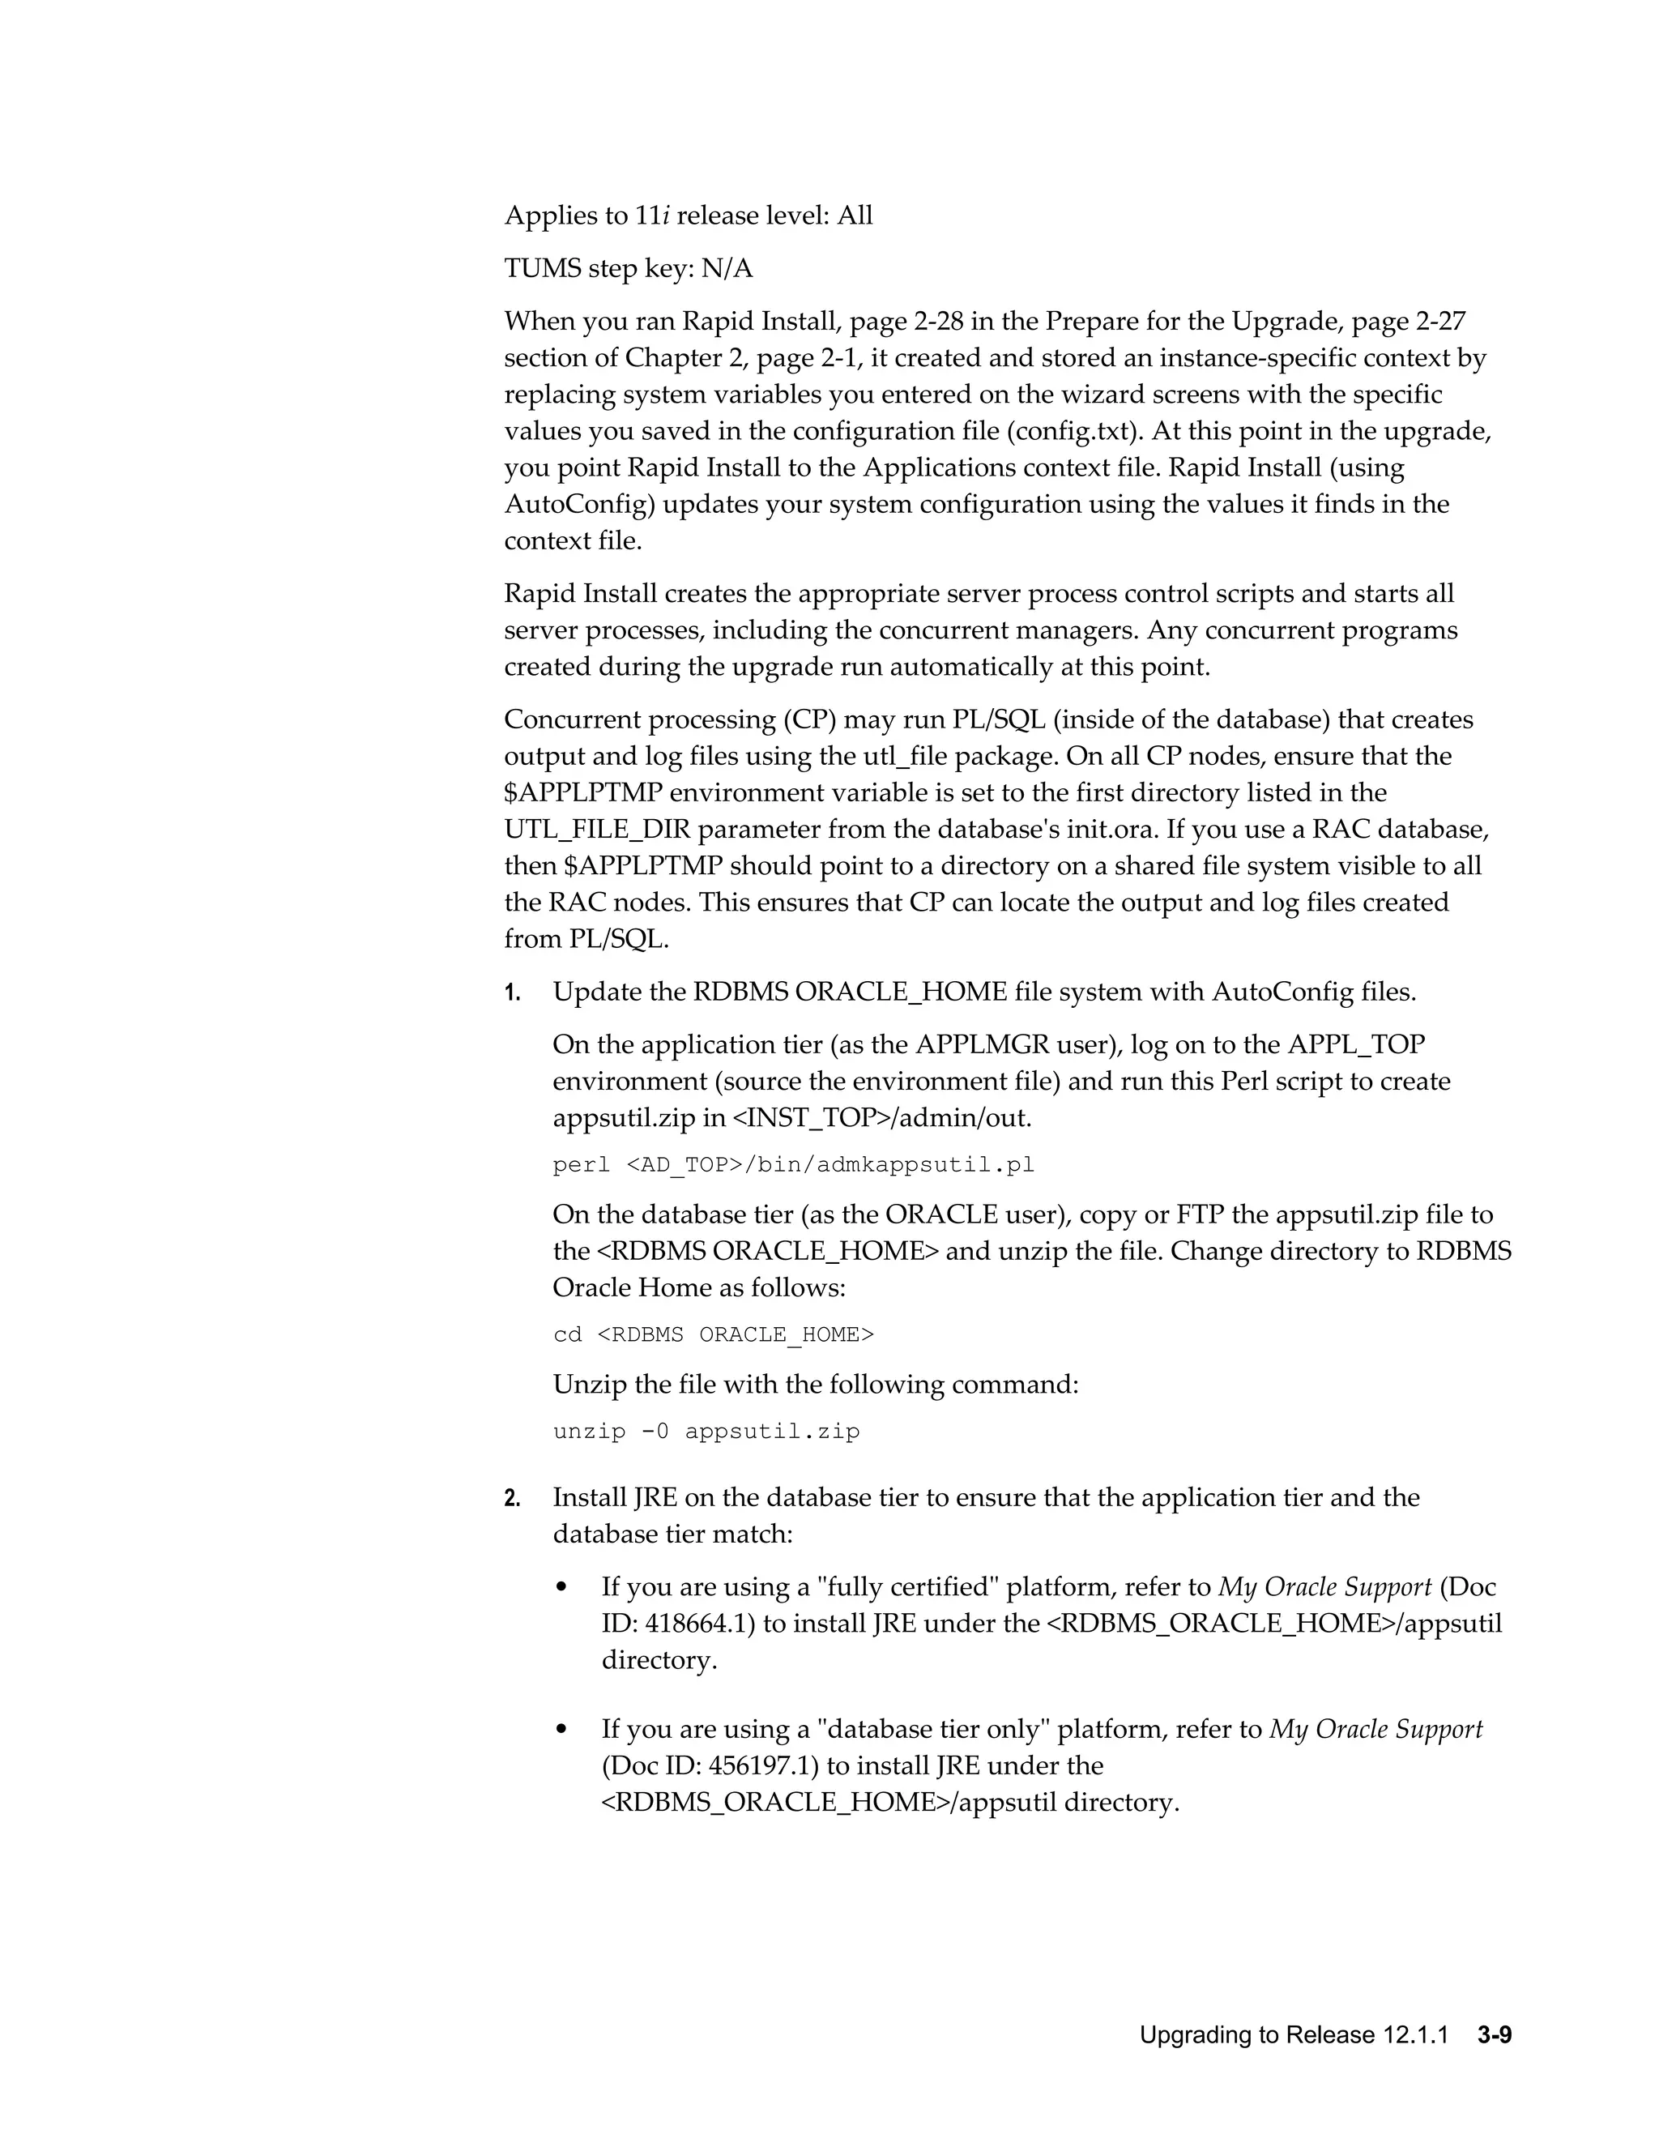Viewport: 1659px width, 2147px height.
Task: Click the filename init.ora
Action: (x=1107, y=830)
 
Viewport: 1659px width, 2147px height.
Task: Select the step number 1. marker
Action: (x=512, y=993)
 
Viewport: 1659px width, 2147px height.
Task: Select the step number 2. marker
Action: (x=512, y=1498)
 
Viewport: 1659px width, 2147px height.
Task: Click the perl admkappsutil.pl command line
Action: (x=793, y=1166)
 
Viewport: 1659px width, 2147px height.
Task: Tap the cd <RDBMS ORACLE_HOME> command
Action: (x=713, y=1335)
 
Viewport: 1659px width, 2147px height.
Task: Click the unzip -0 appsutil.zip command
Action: (x=706, y=1432)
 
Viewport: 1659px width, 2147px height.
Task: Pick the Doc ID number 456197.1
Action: (x=762, y=1765)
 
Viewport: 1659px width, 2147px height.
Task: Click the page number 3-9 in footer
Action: (x=1493, y=2035)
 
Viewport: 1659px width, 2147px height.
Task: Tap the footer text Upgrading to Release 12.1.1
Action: (x=1294, y=2035)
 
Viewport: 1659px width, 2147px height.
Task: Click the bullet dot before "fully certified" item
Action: (x=561, y=1589)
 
